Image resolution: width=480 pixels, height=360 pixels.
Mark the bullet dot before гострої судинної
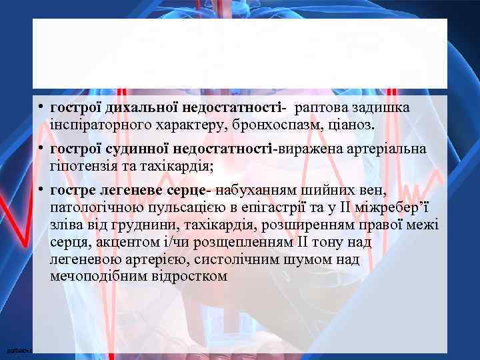[x=41, y=149]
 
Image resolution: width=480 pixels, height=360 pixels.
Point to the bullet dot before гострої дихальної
[x=41, y=107]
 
